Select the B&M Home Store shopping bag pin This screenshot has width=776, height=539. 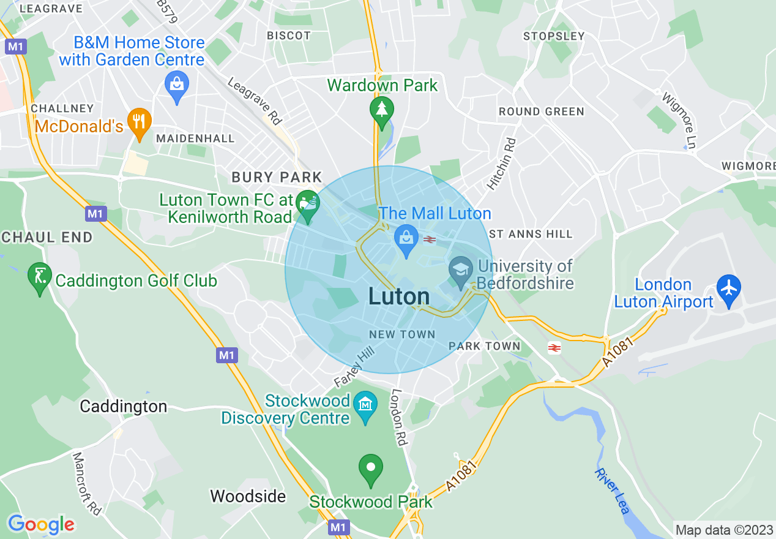[x=176, y=83]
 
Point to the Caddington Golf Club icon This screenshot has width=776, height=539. [x=40, y=277]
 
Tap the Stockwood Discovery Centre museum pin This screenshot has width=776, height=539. [x=365, y=405]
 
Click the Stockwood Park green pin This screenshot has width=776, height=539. [x=370, y=468]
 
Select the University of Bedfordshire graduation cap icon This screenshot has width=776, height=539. [x=461, y=270]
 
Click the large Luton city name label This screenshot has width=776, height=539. [x=399, y=296]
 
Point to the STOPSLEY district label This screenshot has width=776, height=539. [x=554, y=36]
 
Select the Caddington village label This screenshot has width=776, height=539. [x=124, y=407]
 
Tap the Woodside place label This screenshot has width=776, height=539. [x=248, y=496]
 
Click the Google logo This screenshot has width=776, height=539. [x=41, y=524]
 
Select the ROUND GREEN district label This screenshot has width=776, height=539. [x=542, y=111]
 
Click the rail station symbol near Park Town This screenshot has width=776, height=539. [x=554, y=348]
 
